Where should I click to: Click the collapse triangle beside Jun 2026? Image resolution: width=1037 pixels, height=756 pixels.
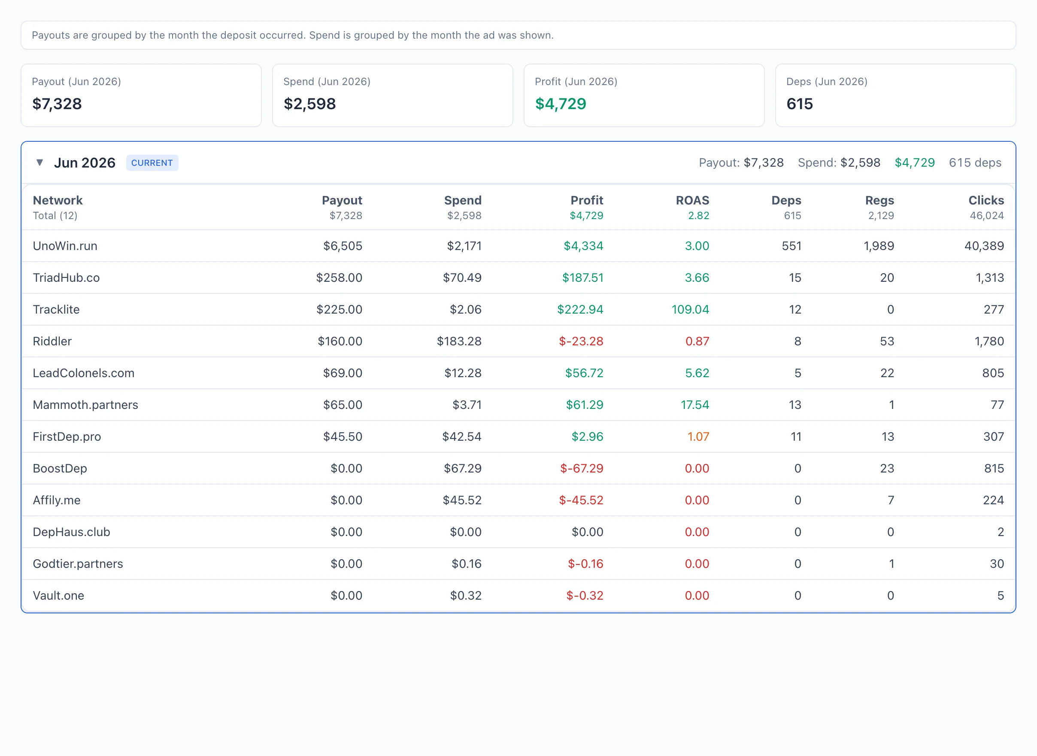40,162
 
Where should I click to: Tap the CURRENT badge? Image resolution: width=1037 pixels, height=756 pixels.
152,163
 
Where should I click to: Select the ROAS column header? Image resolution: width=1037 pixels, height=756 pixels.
692,201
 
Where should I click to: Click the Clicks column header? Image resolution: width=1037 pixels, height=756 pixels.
986,201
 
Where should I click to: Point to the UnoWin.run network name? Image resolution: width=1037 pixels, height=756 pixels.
65,246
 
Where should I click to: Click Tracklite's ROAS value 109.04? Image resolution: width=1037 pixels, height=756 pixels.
690,309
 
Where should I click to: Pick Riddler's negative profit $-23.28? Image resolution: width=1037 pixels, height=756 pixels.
581,341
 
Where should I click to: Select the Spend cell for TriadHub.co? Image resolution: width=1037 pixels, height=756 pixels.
462,278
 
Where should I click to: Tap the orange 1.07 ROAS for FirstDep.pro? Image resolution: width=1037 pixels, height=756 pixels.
698,436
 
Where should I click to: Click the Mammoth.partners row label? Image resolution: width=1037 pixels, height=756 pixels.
85,405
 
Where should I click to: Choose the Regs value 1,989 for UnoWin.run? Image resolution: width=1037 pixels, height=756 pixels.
878,246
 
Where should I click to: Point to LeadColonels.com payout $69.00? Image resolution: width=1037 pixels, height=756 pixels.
343,373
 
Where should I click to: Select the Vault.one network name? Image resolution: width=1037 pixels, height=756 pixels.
58,595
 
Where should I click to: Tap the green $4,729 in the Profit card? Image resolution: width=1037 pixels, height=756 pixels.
561,104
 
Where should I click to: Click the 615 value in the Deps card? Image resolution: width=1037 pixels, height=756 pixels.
800,104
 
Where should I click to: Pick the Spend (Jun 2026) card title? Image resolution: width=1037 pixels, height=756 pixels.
327,82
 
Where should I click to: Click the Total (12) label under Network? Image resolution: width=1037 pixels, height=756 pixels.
55,216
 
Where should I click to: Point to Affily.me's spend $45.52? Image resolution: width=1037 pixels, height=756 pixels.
462,500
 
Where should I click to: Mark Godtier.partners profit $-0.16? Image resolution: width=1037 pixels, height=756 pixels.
585,564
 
